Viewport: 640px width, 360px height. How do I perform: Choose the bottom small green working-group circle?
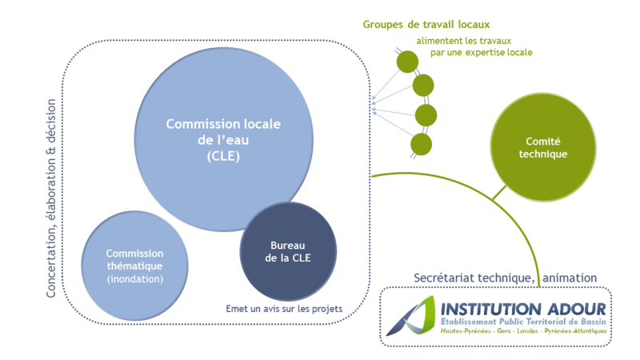click(420, 145)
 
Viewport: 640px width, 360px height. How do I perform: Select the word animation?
click(569, 278)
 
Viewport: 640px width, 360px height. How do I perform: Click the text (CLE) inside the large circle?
click(218, 156)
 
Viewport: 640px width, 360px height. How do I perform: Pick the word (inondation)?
click(135, 278)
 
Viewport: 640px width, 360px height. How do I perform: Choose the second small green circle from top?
click(422, 84)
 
